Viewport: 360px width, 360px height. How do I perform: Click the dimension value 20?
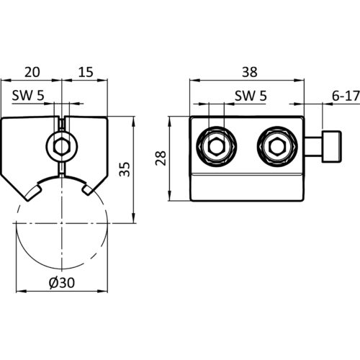[32, 72]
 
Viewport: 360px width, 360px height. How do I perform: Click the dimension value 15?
[86, 72]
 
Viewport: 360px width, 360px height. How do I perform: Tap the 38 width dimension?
[250, 72]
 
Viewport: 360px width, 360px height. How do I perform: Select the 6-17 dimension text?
[346, 96]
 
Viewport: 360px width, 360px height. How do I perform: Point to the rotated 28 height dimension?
[161, 158]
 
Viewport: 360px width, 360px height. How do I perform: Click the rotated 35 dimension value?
[125, 169]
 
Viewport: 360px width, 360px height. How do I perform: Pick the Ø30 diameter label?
[62, 282]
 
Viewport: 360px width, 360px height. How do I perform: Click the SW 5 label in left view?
[28, 96]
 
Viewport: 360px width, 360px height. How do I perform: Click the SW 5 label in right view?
[251, 96]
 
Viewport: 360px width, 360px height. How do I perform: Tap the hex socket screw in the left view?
[62, 146]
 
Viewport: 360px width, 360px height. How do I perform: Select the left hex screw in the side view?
[217, 146]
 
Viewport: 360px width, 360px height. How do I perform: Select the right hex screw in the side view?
[277, 146]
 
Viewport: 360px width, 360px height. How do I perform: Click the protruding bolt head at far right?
[332, 146]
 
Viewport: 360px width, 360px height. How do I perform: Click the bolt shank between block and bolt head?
[313, 146]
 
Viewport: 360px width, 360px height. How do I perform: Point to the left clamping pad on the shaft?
[33, 192]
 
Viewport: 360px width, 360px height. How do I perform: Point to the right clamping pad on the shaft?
[89, 188]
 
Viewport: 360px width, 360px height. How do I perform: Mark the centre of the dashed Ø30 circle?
[62, 223]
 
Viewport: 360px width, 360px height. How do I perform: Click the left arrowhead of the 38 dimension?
[195, 80]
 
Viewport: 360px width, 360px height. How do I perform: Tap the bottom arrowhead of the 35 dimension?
[133, 218]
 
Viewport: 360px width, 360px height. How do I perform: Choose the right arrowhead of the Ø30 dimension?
[102, 291]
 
